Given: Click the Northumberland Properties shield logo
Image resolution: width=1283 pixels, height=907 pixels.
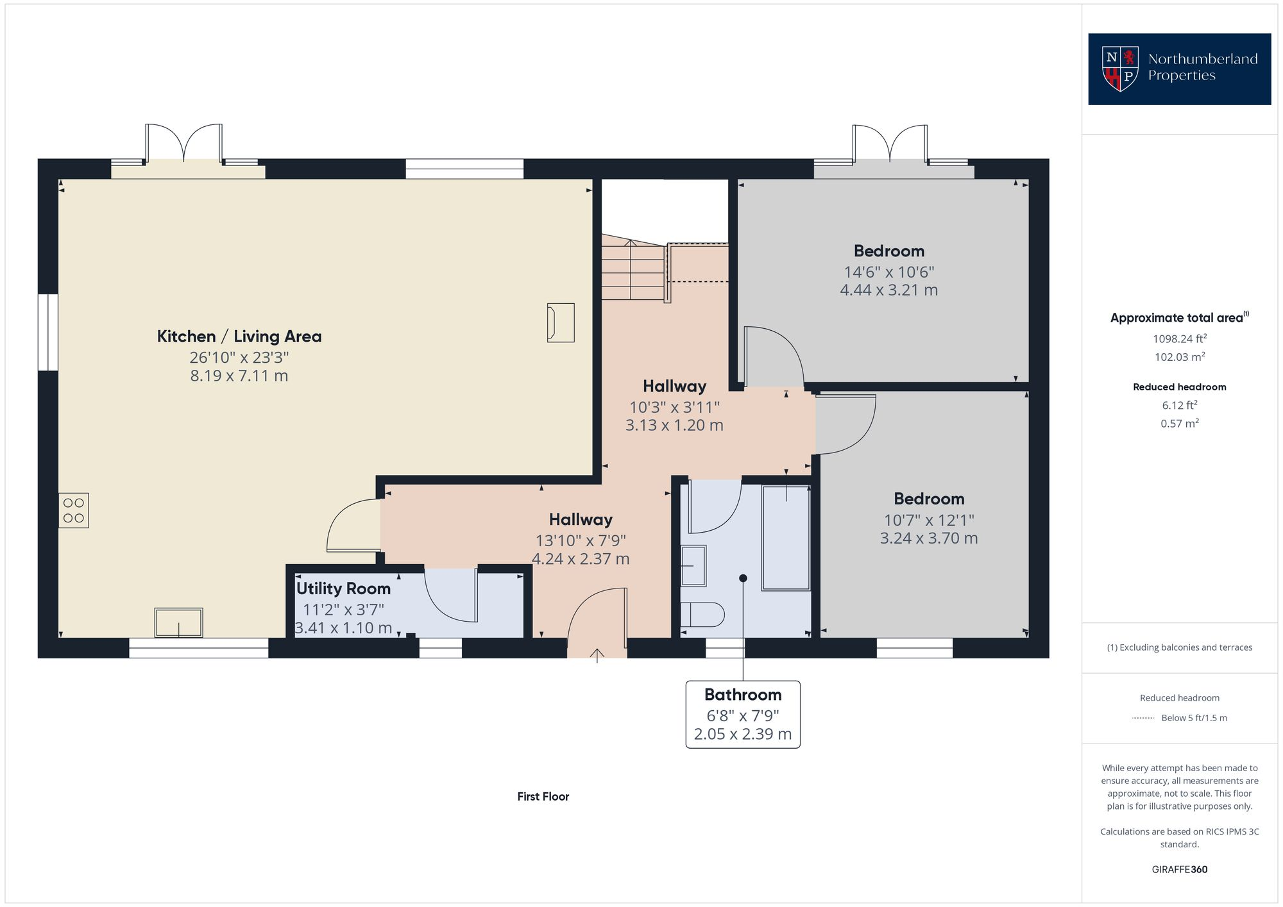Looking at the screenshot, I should (1120, 69).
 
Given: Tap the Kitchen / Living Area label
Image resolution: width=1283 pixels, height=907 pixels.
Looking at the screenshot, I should (239, 337).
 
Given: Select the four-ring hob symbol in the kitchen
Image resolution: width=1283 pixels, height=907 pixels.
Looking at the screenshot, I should (74, 510).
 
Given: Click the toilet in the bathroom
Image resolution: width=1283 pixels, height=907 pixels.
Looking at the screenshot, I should (702, 615).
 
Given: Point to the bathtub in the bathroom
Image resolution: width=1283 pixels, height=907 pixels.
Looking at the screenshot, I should (786, 538).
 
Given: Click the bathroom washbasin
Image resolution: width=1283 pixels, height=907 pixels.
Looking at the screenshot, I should (693, 565).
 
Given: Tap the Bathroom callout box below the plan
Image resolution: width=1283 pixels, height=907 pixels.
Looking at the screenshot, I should (743, 714).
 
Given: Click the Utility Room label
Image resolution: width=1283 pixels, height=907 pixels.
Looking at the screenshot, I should (343, 588).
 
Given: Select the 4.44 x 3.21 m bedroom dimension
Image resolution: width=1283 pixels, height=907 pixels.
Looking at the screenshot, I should (888, 290).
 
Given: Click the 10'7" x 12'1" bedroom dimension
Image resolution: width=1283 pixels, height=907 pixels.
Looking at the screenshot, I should (928, 520).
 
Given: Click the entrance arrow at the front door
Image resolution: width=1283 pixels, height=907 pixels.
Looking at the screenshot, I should (597, 655).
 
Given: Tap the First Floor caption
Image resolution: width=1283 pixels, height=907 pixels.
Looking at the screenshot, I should (543, 796).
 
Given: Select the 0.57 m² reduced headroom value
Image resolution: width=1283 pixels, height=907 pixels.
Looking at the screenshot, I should (1179, 423).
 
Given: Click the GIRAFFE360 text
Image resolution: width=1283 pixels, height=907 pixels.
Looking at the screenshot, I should (1179, 869).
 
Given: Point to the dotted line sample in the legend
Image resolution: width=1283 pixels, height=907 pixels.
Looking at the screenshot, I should (1143, 718).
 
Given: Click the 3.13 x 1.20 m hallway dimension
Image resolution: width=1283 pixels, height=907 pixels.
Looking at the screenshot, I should (674, 425).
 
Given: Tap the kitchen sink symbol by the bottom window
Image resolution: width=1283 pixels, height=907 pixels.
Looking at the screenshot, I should (178, 622).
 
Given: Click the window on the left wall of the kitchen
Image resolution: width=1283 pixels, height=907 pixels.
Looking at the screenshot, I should (48, 332).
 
